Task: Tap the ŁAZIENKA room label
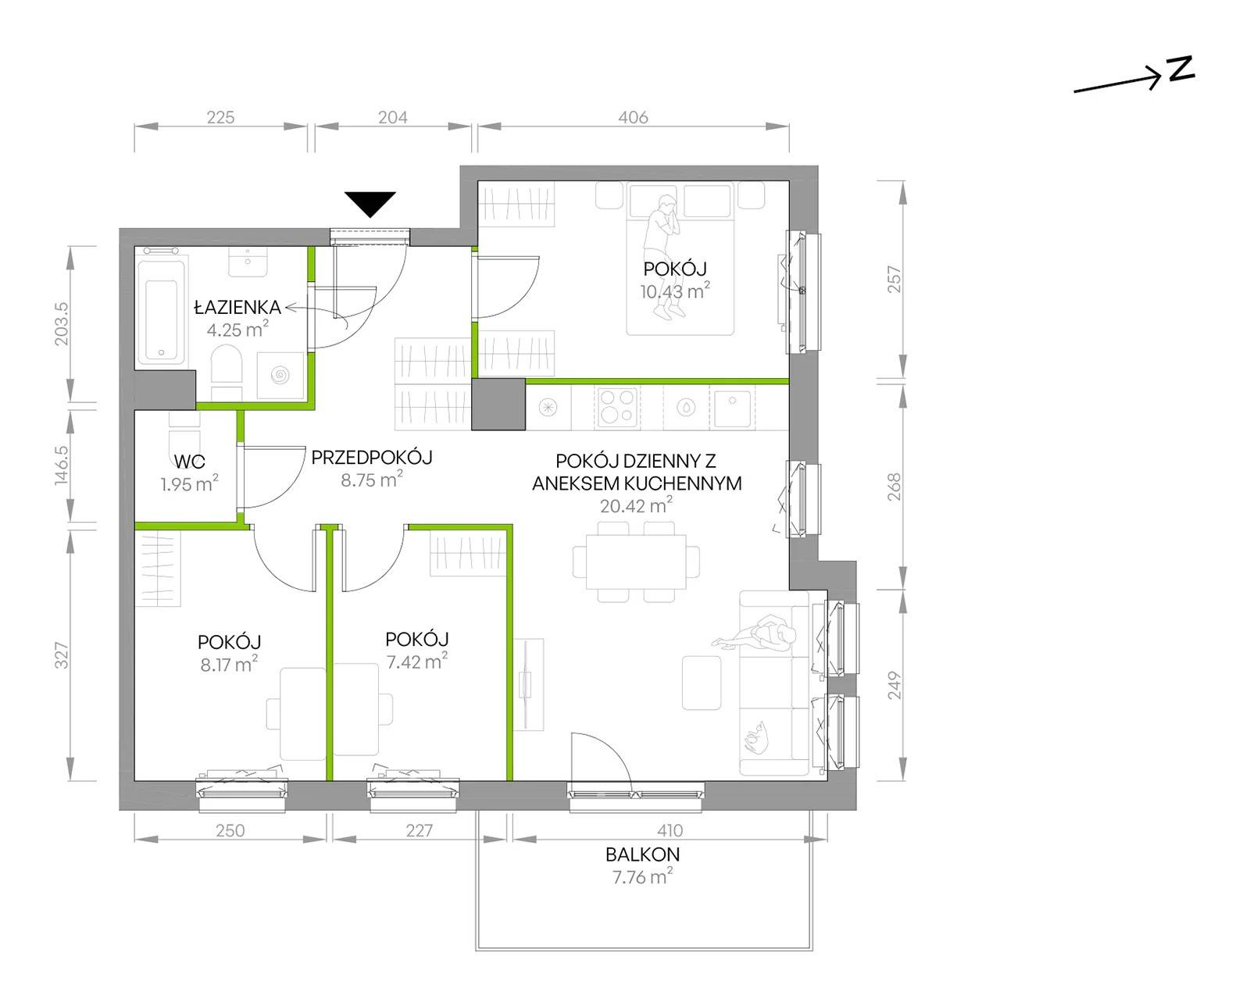[x=237, y=307]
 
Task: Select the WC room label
[x=189, y=462]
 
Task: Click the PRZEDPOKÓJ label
[x=372, y=458]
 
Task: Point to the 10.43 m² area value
[x=675, y=291]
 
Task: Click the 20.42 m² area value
[x=636, y=505]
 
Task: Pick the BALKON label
[x=642, y=854]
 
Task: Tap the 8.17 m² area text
[x=229, y=664]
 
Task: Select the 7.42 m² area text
[x=416, y=661]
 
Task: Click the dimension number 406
[x=633, y=117]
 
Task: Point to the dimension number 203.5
[x=62, y=324]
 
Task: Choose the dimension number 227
[x=419, y=830]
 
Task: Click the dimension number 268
[x=895, y=487]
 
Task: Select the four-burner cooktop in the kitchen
[x=617, y=407]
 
